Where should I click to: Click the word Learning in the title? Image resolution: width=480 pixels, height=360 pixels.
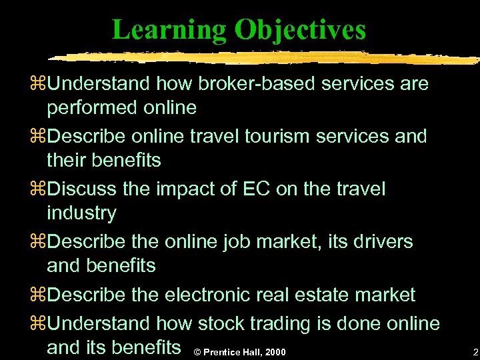169,29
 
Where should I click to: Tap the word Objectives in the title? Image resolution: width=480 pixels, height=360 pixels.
300,29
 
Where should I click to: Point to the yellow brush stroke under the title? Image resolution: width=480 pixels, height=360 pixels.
267,57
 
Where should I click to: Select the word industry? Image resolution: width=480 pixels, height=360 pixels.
81,213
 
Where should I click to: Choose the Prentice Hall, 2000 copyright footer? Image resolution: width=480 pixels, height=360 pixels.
238,351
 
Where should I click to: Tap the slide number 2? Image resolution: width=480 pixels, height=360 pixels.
475,351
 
